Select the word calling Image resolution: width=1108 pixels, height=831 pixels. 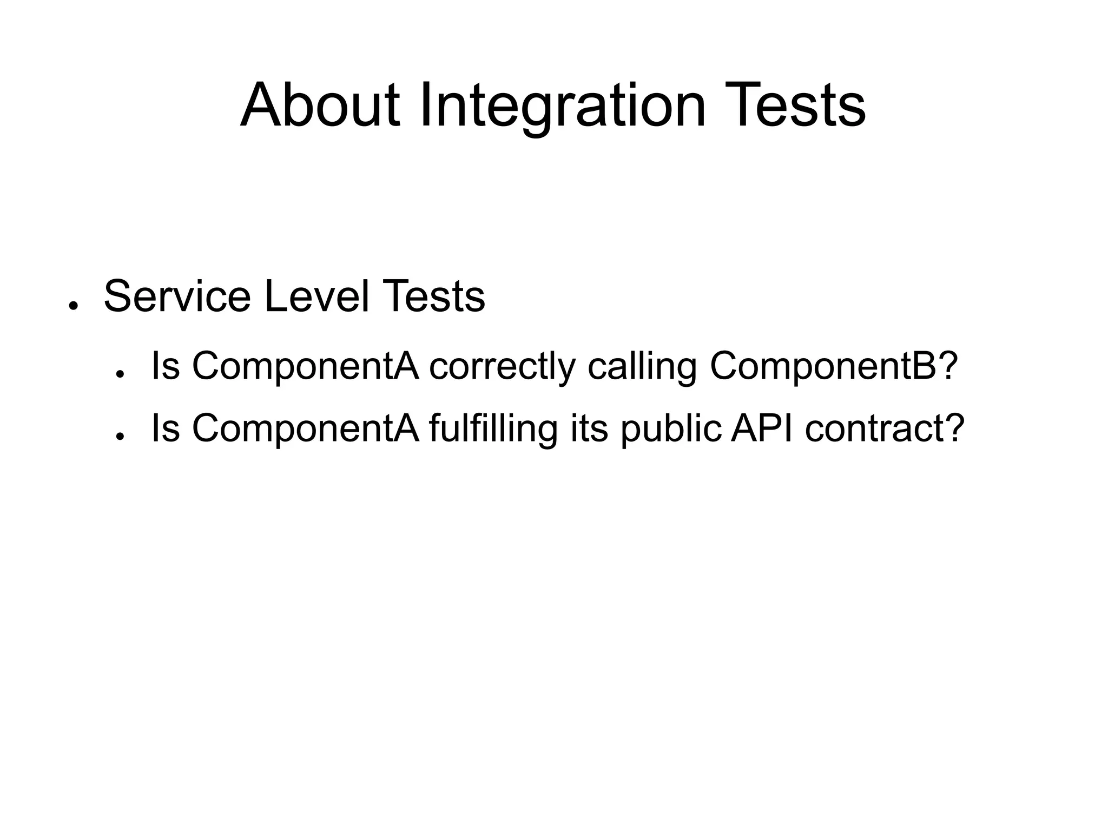point(642,367)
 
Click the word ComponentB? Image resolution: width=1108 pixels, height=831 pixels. point(834,367)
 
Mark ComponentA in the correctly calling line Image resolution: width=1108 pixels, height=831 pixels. point(306,367)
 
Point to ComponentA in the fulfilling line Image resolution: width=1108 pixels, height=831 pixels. point(306,428)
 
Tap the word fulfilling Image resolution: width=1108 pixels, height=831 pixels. point(493,428)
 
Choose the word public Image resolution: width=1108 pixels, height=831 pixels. point(670,428)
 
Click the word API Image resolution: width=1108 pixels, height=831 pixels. point(762,428)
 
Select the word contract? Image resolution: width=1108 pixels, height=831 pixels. point(885,428)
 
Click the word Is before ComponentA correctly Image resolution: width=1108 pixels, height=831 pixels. point(166,367)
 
